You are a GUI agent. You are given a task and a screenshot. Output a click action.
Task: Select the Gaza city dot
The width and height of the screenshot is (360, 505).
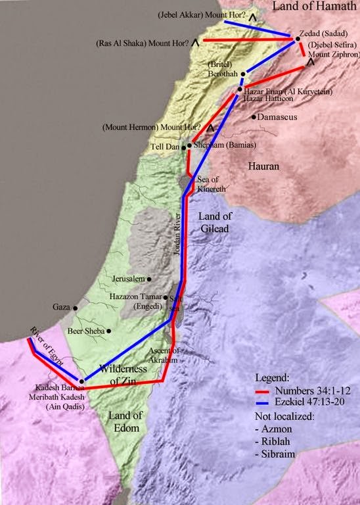click(x=76, y=307)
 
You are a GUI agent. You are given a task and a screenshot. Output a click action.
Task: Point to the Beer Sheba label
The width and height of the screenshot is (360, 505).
click(x=85, y=331)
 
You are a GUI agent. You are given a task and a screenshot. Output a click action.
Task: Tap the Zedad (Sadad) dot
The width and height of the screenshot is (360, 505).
click(x=297, y=39)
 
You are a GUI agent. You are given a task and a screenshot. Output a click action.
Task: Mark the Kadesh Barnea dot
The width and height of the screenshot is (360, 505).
click(x=81, y=381)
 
